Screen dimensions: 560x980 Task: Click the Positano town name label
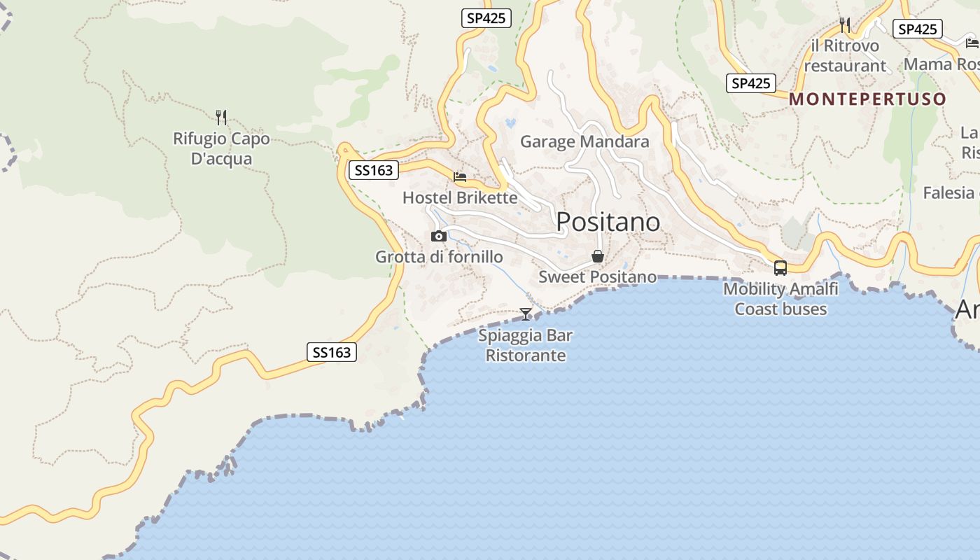coord(608,222)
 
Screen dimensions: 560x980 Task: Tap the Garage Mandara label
coord(584,141)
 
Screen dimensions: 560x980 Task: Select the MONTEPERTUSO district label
coord(867,99)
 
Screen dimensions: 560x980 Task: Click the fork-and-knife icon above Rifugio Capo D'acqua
coord(221,117)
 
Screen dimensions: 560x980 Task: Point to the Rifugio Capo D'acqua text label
coord(221,149)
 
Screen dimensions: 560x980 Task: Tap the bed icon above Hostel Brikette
coord(460,177)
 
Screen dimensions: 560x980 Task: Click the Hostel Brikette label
coord(460,197)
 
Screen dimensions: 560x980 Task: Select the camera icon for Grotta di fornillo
coord(439,237)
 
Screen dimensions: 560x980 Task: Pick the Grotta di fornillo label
coord(439,257)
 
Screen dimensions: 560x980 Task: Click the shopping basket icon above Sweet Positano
coord(598,256)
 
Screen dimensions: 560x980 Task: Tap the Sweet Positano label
coord(598,277)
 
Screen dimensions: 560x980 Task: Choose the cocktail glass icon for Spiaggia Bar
coord(526,314)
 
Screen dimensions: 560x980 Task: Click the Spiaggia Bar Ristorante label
coord(526,345)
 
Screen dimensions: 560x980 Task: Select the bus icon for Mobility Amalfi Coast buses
coord(780,268)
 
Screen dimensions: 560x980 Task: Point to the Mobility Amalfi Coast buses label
coord(780,299)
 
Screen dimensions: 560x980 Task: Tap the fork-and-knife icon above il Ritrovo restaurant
coord(845,26)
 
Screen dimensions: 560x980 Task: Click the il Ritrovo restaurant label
coord(845,56)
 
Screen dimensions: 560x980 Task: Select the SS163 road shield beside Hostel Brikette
coord(373,170)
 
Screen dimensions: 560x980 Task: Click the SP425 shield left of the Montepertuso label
coord(750,83)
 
